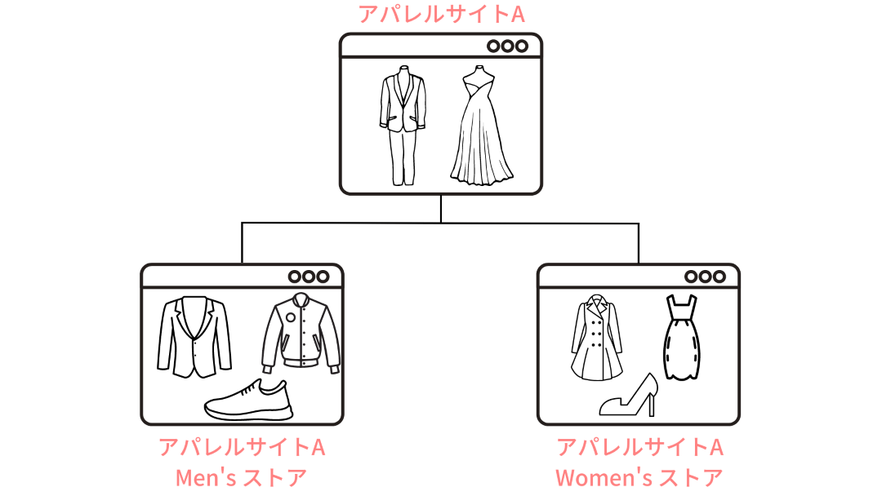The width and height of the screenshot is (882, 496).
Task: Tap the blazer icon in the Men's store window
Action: click(194, 336)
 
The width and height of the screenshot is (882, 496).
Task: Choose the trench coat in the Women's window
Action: click(597, 338)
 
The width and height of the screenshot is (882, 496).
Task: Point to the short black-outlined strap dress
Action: click(682, 338)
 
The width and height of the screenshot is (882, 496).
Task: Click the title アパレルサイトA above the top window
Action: click(441, 14)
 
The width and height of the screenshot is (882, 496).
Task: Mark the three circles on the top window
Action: click(507, 46)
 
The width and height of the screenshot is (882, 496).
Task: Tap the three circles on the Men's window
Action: click(309, 277)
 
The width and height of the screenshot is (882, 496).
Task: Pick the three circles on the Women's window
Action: click(705, 277)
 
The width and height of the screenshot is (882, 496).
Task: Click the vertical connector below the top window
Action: click(441, 208)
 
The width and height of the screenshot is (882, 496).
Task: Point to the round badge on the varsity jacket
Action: click(290, 317)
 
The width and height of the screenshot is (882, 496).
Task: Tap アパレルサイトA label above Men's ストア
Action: click(242, 448)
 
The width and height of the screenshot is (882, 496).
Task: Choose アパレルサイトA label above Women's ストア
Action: click(639, 448)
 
